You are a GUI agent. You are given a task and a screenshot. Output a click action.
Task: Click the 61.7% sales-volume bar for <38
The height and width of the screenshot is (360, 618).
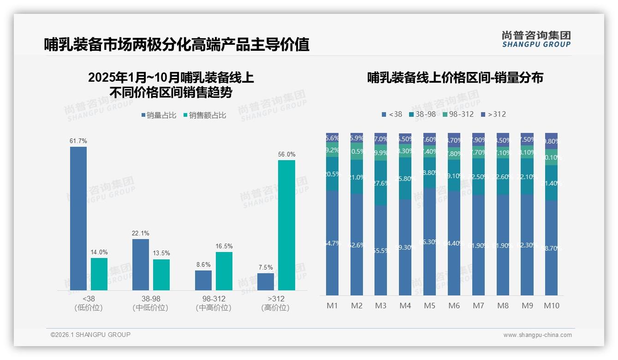coord(78,218)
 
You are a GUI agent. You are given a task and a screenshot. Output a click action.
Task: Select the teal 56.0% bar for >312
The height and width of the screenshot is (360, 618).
coord(286,225)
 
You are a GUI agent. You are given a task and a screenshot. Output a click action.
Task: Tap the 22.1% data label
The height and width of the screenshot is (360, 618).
coord(140,234)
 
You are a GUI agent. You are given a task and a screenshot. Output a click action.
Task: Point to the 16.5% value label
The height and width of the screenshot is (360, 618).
coord(224,246)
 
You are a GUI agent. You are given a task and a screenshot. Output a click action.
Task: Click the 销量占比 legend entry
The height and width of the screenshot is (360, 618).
coord(158,115)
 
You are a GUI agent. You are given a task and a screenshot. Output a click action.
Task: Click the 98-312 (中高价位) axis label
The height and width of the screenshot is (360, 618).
coord(214,303)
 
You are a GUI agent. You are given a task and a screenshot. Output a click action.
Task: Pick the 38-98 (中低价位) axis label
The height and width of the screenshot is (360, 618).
coord(150,303)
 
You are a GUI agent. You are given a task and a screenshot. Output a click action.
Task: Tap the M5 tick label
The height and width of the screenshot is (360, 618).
coord(429,306)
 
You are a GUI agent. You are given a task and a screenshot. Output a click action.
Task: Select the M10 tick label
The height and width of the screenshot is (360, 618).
coord(552,306)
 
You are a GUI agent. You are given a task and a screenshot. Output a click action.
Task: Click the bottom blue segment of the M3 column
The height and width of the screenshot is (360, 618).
coord(380,250)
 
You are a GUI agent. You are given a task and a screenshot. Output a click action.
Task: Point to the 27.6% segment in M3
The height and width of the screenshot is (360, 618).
coord(380,183)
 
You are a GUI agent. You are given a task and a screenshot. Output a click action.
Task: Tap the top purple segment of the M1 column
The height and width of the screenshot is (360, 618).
coord(332,138)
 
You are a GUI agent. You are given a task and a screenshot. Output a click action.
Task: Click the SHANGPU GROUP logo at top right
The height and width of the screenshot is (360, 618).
coord(536,39)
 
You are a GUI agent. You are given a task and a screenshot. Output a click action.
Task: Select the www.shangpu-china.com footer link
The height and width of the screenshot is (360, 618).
coord(537,335)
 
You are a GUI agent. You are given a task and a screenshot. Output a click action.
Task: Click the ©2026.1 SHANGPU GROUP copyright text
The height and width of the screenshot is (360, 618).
coord(90,335)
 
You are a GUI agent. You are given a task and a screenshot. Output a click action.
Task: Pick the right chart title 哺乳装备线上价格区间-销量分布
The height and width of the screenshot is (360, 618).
coord(455,78)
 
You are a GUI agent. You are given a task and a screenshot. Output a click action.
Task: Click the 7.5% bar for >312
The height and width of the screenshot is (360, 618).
coord(266,282)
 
